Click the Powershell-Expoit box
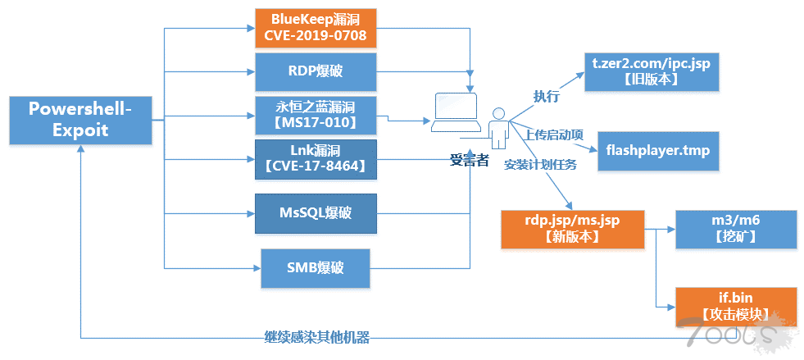point(81,120)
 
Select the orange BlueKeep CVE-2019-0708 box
point(316,29)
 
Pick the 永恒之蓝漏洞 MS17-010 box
point(316,116)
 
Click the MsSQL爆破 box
point(316,214)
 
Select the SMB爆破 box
point(316,267)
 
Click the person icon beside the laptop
point(497,128)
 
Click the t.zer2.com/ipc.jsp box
point(651,71)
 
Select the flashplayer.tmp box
point(658,151)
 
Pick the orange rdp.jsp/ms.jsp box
point(572,229)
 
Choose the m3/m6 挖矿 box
point(735,229)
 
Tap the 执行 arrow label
point(546,96)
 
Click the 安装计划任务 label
point(540,164)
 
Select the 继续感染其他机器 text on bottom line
point(316,337)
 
